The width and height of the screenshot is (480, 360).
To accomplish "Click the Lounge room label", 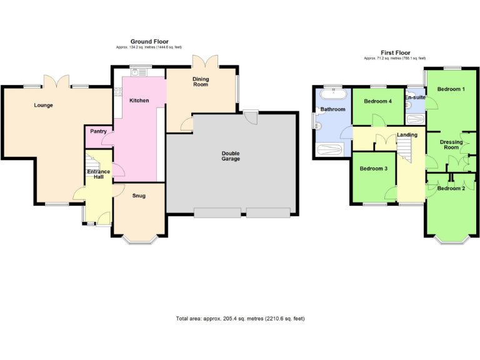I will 43,105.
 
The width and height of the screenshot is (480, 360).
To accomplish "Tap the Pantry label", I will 98,131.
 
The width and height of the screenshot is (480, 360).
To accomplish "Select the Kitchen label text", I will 139,100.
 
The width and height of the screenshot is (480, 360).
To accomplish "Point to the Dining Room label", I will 201,82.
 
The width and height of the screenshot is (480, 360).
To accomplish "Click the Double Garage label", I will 231,156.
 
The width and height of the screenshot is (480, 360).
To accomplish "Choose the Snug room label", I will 139,196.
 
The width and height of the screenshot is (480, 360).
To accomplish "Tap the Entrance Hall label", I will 98,174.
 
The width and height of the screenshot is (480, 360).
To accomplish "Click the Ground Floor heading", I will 149,42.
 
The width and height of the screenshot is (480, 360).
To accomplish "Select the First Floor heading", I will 395,53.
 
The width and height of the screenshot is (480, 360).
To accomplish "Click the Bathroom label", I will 332,109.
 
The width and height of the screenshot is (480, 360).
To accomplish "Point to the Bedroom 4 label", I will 378,101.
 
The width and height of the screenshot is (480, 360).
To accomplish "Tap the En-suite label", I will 414,98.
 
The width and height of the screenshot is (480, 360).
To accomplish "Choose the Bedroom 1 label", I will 451,89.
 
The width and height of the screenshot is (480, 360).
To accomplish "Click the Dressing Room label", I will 451,145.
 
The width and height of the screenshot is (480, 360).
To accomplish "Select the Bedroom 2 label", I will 451,188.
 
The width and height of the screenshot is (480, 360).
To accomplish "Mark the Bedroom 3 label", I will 373,169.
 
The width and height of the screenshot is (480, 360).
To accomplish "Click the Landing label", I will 407,135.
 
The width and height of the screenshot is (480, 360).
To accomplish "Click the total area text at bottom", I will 241,319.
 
